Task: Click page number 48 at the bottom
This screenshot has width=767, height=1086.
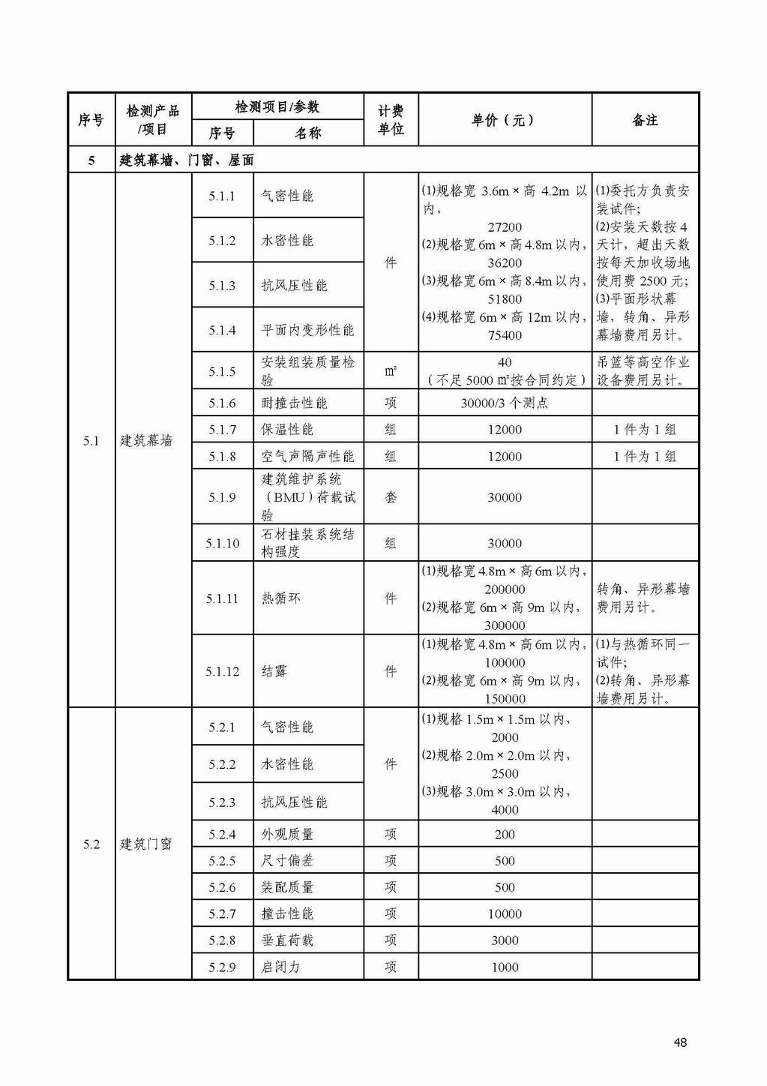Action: click(681, 1042)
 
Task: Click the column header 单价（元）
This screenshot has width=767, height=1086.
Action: click(504, 120)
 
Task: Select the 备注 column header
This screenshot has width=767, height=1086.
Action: click(645, 120)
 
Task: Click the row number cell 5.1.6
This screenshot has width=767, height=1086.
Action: click(222, 403)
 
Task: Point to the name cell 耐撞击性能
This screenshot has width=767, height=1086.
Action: click(295, 403)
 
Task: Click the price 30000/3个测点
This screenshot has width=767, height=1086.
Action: click(504, 403)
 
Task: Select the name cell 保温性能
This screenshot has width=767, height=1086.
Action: click(288, 430)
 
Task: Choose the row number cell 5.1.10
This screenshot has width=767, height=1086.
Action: click(222, 543)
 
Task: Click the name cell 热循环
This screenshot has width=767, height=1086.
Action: click(281, 598)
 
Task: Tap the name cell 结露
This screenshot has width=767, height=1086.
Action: click(274, 671)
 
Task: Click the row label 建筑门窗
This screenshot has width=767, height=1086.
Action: click(147, 844)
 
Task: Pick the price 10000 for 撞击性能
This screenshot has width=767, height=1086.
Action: click(505, 913)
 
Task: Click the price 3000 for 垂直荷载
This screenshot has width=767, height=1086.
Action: click(505, 940)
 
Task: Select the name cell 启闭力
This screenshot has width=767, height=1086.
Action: click(281, 967)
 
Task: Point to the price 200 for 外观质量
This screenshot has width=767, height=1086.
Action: click(505, 834)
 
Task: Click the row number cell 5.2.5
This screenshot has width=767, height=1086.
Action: click(222, 861)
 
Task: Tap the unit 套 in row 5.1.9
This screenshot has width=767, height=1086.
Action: click(391, 497)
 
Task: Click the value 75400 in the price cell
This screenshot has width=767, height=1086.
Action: click(505, 335)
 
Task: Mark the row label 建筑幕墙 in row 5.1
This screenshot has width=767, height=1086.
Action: click(147, 440)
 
